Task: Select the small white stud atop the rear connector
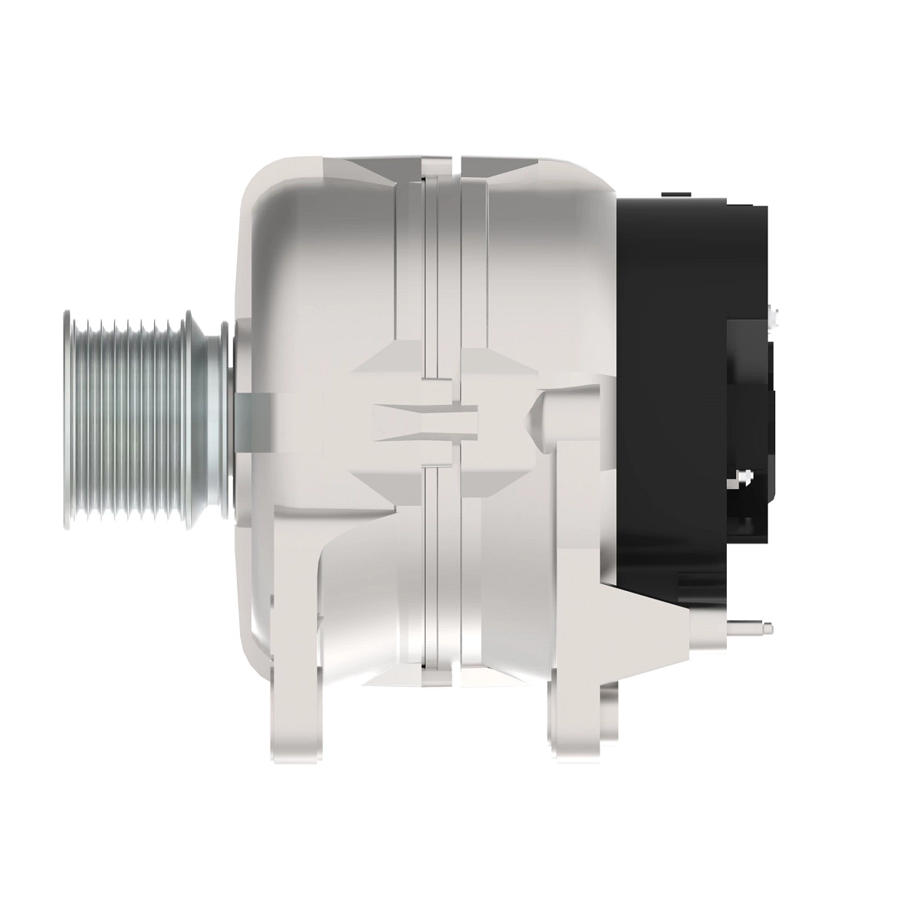[774, 315]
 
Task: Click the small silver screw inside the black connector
[741, 478]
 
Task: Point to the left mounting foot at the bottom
[295, 713]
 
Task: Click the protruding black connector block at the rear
[751, 422]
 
